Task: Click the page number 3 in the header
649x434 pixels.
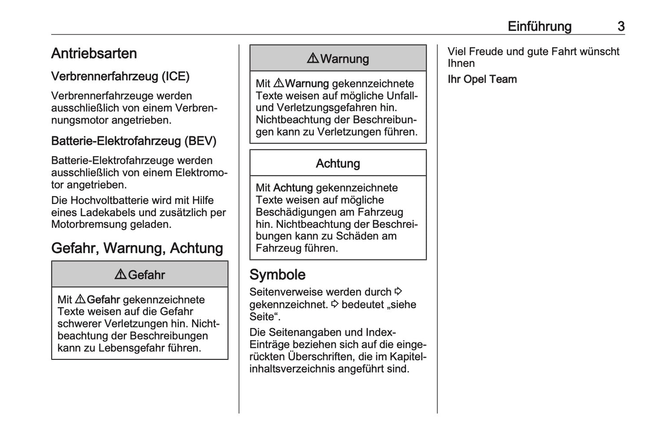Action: (x=621, y=27)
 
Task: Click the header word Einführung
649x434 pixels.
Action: (x=539, y=27)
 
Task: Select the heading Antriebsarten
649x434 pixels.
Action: (x=94, y=53)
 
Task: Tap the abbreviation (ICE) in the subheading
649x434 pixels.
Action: (x=176, y=76)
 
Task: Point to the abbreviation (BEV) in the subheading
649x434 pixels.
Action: (x=200, y=141)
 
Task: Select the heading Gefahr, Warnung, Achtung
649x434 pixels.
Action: (x=137, y=248)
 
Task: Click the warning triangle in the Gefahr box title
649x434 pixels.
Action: (x=120, y=275)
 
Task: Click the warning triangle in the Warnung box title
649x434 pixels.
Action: (x=313, y=58)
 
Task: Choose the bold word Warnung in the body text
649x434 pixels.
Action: (x=307, y=84)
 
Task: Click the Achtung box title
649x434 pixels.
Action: (x=338, y=164)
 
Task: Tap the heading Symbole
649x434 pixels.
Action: (x=277, y=275)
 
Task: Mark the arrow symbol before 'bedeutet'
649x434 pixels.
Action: (x=334, y=304)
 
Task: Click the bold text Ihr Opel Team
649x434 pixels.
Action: (x=482, y=80)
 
